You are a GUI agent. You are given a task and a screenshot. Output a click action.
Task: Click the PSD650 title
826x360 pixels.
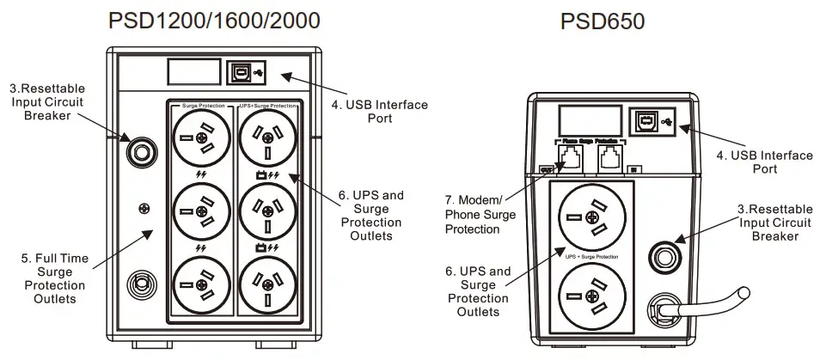click(603, 21)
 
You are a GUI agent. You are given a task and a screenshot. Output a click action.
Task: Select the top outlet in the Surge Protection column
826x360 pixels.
click(200, 137)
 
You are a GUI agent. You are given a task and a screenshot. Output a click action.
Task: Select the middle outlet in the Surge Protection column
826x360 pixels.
click(200, 211)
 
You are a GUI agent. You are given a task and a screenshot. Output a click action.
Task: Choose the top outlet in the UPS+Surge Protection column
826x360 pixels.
click(266, 137)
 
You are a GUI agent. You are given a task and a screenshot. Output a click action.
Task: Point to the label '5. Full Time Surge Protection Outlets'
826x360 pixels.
click(54, 278)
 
